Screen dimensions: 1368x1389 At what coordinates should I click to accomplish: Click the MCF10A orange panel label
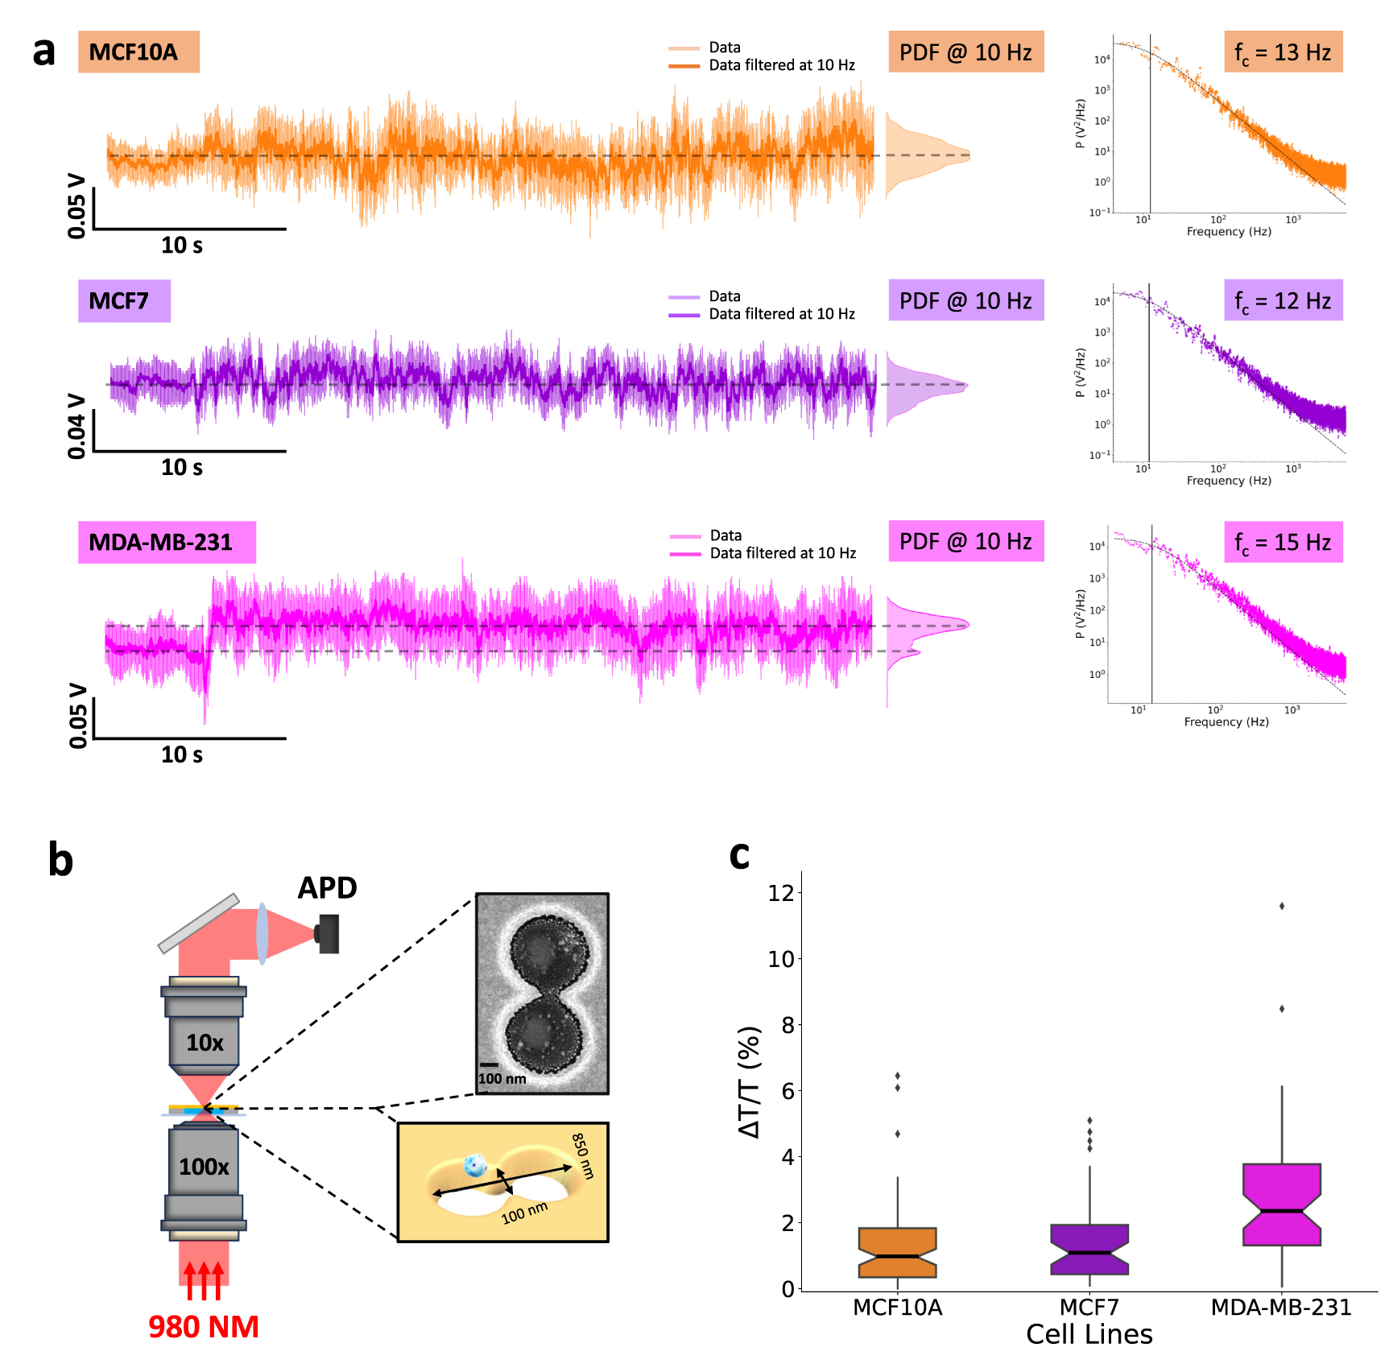(x=138, y=52)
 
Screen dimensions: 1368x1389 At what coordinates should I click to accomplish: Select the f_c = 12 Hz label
(x=1283, y=301)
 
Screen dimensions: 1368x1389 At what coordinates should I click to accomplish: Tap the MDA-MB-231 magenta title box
(x=166, y=542)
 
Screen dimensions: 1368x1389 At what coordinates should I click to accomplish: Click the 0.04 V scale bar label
(x=76, y=426)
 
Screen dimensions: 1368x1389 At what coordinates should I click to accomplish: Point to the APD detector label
(x=327, y=888)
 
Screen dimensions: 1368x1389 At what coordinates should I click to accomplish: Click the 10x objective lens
(x=204, y=1042)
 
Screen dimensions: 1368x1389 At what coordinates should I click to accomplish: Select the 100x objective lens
(x=204, y=1166)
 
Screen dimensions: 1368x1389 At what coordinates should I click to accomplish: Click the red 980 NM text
(x=204, y=1327)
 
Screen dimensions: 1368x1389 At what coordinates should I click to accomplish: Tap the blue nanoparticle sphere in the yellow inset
(x=475, y=1164)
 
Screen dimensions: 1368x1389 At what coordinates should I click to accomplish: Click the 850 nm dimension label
(x=583, y=1156)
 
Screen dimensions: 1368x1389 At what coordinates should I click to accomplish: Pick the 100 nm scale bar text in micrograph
(x=502, y=1079)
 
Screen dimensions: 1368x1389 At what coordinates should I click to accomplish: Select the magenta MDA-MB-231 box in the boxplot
(x=1281, y=1204)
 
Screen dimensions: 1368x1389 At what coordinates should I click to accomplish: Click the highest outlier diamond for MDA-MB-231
(x=1281, y=906)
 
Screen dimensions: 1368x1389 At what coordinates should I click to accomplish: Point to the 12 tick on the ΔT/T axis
(x=781, y=892)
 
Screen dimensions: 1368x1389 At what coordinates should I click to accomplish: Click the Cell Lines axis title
(x=1089, y=1335)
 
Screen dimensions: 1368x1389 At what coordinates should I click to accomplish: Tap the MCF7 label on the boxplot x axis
(x=1089, y=1307)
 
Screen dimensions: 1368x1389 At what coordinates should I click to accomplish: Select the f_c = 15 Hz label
(x=1283, y=542)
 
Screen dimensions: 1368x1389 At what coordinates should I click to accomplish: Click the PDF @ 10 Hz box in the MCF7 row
(x=965, y=301)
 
